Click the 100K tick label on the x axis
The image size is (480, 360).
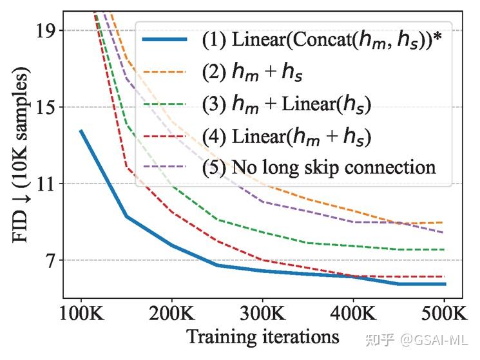(81, 315)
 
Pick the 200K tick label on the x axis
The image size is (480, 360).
(171, 315)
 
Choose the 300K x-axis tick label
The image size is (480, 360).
(262, 315)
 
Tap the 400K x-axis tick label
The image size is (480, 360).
(354, 315)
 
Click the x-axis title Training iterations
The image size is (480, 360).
(262, 337)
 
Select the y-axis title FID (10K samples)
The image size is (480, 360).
(21, 158)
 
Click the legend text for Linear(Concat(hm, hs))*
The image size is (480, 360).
(323, 41)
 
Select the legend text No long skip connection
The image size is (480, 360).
(331, 167)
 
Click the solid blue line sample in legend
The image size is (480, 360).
(165, 41)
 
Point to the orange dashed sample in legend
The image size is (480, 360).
(165, 73)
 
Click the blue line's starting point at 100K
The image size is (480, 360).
(81, 131)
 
